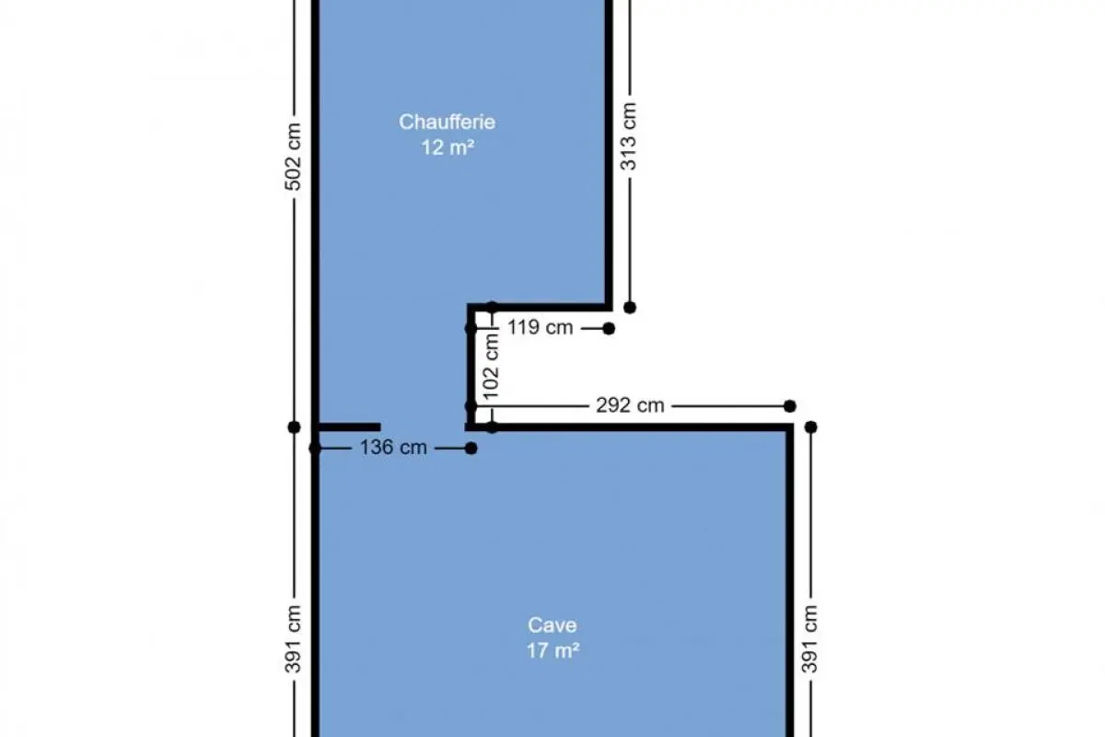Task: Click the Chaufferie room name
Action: (447, 122)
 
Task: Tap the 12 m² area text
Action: (448, 147)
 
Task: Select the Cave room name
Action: (552, 625)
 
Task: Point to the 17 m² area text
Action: (552, 650)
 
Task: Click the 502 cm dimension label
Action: (293, 157)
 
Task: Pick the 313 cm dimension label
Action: (628, 136)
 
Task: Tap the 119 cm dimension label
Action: (541, 327)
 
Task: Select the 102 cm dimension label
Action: (492, 367)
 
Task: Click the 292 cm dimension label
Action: (630, 405)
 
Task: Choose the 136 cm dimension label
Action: (393, 447)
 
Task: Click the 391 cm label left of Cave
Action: (293, 639)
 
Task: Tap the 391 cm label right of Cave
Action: (810, 639)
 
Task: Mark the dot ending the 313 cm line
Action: (630, 308)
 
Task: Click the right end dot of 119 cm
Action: (609, 328)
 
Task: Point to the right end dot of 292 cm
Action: (790, 406)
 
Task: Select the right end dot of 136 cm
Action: (471, 449)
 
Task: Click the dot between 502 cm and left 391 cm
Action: (294, 427)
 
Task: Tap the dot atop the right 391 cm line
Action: (811, 427)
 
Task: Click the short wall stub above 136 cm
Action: (349, 427)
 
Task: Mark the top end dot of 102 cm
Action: (492, 308)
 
